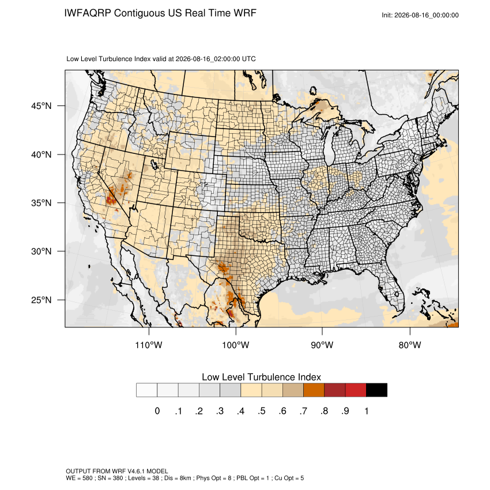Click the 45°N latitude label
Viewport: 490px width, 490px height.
(42, 106)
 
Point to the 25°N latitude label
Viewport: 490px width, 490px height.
(42, 300)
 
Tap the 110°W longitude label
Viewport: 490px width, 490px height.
(149, 345)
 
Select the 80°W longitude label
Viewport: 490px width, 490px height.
(410, 345)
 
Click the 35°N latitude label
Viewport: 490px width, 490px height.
(42, 203)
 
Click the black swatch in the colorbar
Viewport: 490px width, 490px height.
(376, 390)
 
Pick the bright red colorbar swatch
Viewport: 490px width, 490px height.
(356, 390)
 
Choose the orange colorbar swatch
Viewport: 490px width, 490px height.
(314, 390)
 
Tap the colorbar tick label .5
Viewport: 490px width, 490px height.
(262, 411)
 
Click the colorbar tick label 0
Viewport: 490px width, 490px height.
(157, 411)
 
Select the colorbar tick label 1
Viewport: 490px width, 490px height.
(366, 411)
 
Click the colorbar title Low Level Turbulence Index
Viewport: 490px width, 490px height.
(261, 377)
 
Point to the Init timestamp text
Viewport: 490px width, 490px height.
(420, 15)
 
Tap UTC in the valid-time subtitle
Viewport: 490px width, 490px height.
(249, 59)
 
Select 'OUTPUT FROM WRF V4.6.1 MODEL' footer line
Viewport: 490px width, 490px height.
(117, 471)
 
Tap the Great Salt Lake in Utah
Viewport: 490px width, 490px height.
(154, 164)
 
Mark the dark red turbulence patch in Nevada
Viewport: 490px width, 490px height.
(110, 199)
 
